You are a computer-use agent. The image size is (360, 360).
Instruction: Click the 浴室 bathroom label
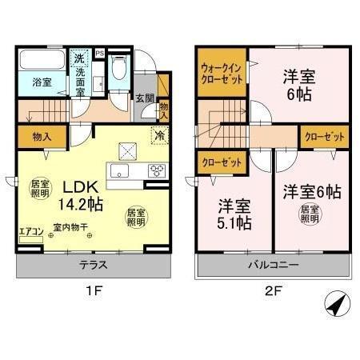point(42,82)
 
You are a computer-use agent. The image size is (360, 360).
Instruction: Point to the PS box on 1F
point(100,54)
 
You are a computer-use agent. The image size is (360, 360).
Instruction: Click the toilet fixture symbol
point(119,71)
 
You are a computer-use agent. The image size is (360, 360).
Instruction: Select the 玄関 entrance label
point(143,98)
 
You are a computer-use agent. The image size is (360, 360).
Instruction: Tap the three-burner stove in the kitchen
point(157,170)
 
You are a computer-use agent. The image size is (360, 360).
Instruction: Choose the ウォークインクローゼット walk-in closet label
point(222,74)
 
